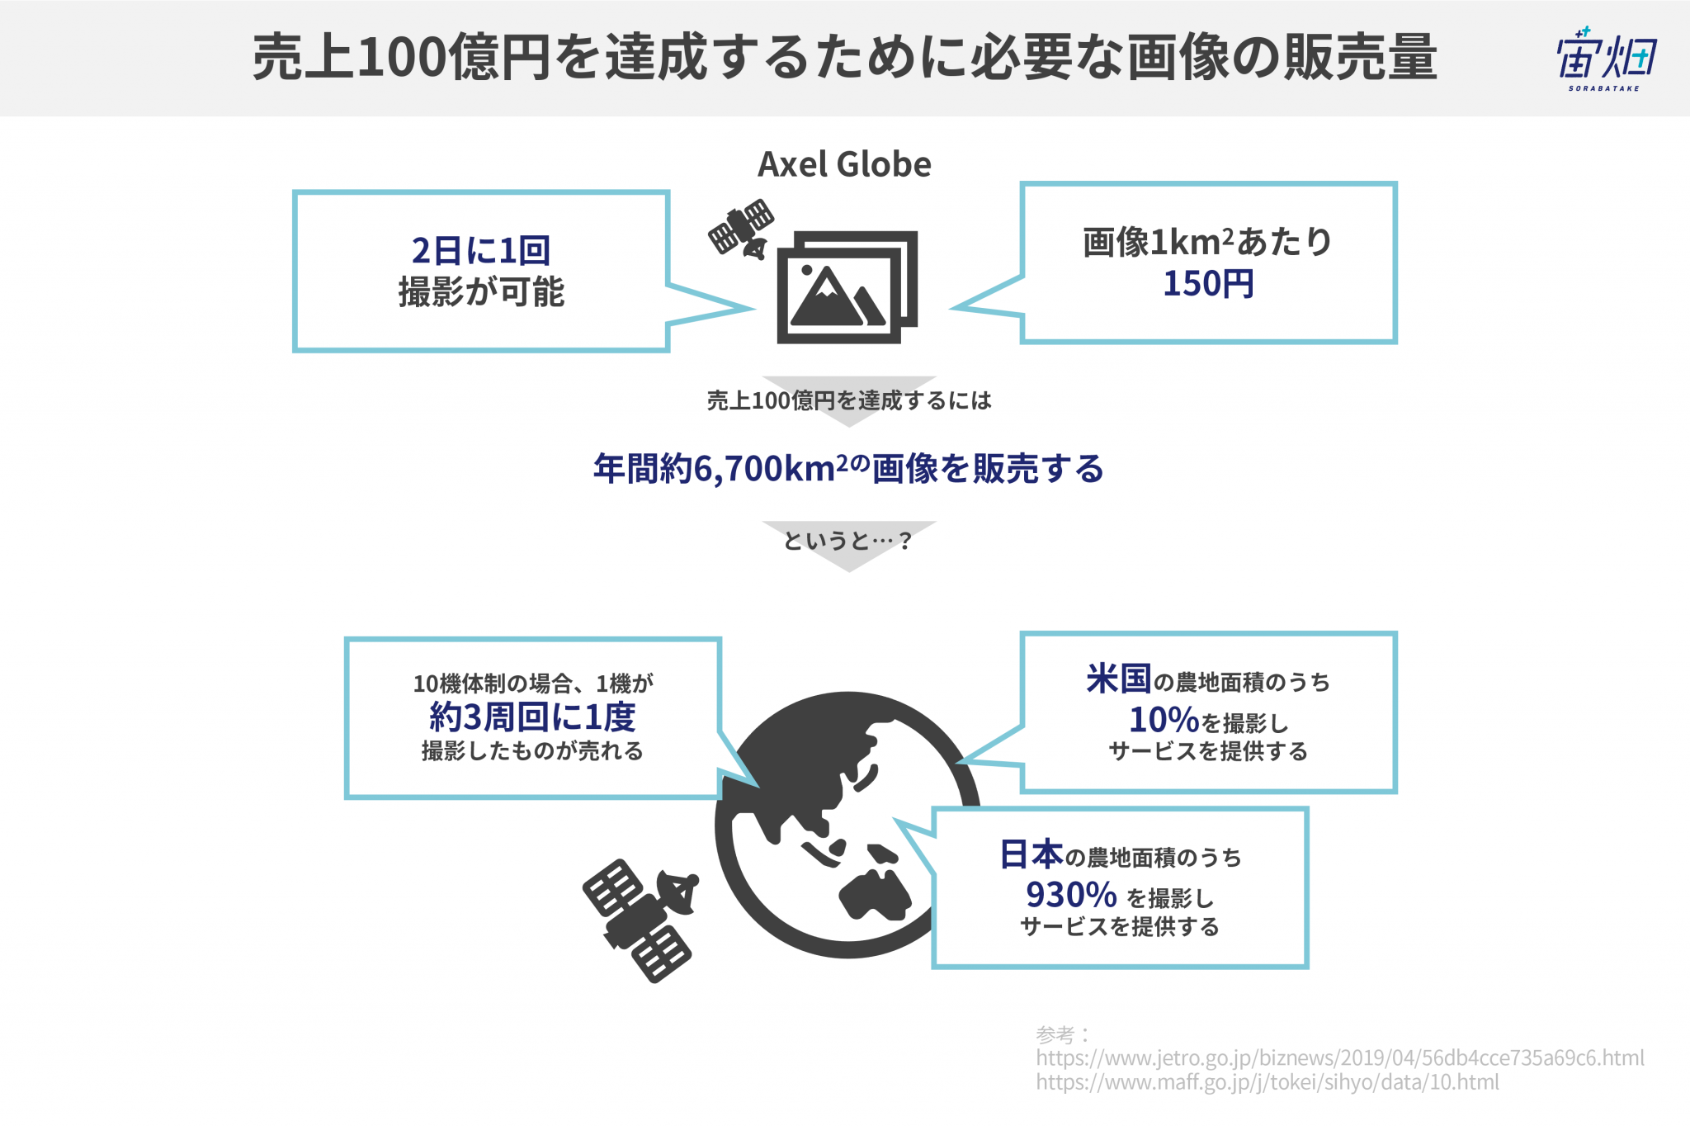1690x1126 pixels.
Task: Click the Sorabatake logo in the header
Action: pos(1605,58)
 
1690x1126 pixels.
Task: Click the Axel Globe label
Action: pos(844,164)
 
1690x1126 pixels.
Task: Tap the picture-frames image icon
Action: pos(847,286)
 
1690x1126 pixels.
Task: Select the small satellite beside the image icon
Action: pos(741,228)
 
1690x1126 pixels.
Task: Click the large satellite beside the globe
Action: pos(640,920)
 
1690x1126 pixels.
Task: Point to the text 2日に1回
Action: pos(481,249)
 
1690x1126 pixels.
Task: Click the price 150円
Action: pos(1208,284)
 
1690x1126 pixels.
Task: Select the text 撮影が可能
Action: pos(481,292)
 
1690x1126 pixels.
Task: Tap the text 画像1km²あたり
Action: pos(1208,242)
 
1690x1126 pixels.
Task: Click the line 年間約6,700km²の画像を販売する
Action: pos(848,468)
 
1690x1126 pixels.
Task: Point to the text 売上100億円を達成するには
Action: pos(849,401)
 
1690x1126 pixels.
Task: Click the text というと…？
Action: pos(847,541)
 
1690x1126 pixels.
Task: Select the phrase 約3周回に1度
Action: pos(532,717)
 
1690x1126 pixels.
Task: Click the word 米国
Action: pos(1118,679)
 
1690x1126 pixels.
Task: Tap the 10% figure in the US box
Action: pos(1164,720)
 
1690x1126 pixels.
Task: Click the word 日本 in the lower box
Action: pos(1031,854)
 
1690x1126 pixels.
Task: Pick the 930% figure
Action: pos(1071,895)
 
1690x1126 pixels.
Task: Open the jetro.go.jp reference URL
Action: pos(1340,1058)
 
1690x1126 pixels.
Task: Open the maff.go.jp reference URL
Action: pos(1267,1082)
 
